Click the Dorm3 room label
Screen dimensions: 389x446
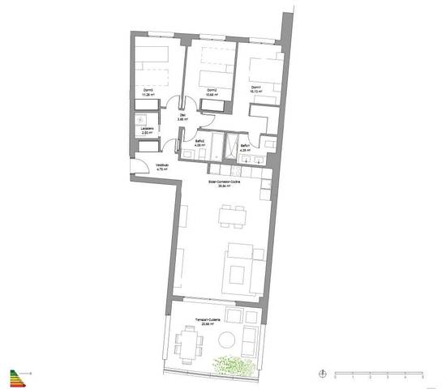point(148,89)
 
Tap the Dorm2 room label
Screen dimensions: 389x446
point(210,89)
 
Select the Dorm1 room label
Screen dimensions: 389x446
point(255,87)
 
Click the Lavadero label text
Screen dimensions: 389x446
point(148,128)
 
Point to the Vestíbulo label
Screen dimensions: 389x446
point(161,166)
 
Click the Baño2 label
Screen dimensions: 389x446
point(199,141)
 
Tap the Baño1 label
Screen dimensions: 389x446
point(244,146)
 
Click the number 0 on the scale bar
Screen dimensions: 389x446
point(334,378)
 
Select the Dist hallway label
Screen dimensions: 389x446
point(182,116)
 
